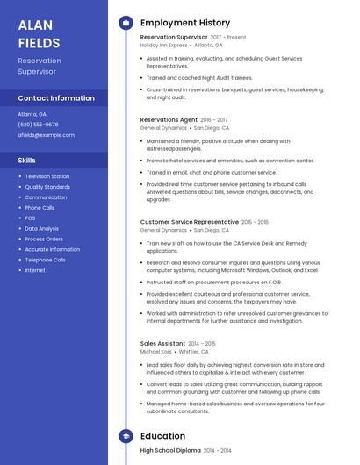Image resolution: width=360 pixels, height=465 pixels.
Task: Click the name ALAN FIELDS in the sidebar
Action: tap(40, 33)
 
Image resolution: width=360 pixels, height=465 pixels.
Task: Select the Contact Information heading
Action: tap(56, 98)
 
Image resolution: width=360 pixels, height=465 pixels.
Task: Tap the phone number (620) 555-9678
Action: tap(38, 125)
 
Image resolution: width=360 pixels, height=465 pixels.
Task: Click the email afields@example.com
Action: tap(47, 135)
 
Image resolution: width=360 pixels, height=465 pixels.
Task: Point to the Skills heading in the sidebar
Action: tap(27, 161)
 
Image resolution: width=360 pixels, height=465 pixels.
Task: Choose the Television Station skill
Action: tap(47, 176)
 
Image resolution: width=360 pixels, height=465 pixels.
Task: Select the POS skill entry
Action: tap(30, 218)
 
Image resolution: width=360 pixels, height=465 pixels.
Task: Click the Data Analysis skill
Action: tap(42, 228)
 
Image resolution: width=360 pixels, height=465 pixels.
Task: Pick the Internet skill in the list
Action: tap(35, 270)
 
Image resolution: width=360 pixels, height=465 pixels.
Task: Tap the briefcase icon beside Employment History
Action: tap(126, 23)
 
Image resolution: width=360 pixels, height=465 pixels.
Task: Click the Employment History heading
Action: tap(185, 23)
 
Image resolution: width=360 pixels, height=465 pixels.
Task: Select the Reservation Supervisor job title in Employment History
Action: tap(174, 38)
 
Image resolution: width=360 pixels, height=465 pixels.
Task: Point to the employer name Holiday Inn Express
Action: tap(163, 45)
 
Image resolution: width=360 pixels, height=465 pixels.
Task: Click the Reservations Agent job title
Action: tap(169, 119)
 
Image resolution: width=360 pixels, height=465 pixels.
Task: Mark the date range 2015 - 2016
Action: tap(256, 223)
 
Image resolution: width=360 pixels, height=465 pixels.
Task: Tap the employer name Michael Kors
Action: tap(156, 351)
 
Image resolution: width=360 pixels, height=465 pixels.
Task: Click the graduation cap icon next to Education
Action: tap(126, 436)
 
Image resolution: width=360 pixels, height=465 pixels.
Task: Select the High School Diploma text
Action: tap(170, 450)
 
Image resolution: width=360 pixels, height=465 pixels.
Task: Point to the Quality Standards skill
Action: tap(47, 187)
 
